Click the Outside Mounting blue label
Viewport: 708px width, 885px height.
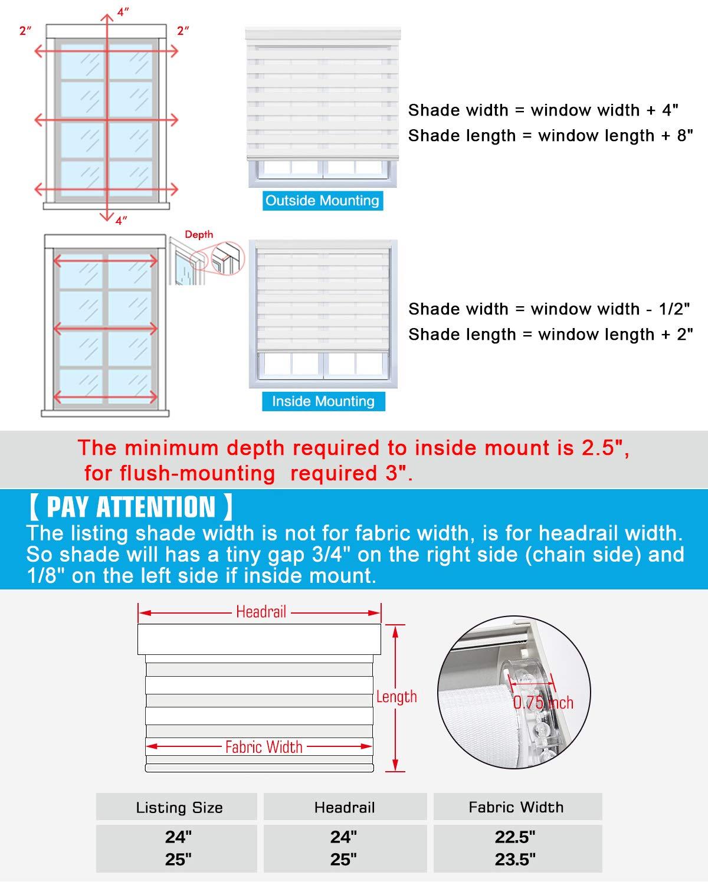click(322, 201)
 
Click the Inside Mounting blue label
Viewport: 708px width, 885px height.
click(323, 401)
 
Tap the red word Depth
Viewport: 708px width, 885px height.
click(199, 234)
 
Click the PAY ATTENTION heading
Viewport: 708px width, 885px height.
click(130, 507)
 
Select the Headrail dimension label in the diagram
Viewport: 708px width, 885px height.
click(261, 612)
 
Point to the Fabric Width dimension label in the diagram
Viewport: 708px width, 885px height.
click(264, 747)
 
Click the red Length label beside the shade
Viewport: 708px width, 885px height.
click(396, 697)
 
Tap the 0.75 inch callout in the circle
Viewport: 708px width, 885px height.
click(543, 702)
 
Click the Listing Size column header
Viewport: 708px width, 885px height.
click(179, 808)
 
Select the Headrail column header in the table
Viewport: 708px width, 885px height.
click(345, 807)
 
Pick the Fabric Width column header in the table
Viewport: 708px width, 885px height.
click(516, 807)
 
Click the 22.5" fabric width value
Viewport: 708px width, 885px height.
click(515, 837)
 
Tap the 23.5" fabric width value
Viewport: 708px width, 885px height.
click(515, 860)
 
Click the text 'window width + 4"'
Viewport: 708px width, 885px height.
click(604, 110)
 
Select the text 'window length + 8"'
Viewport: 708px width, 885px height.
click(615, 136)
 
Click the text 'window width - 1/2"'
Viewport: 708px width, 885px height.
click(611, 309)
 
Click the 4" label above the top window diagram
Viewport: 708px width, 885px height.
click(122, 12)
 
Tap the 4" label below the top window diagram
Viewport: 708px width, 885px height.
click(121, 221)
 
